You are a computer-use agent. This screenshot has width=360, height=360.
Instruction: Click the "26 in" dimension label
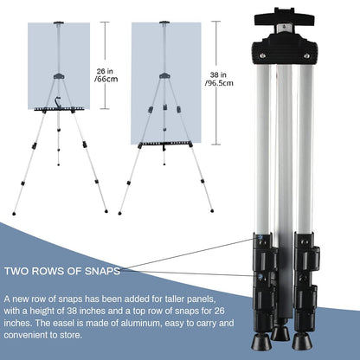(x=105, y=71)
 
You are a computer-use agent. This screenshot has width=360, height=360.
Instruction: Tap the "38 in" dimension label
(x=218, y=75)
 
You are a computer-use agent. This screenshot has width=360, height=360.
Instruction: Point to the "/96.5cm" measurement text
(x=219, y=83)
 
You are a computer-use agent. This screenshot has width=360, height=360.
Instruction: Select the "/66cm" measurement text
(x=106, y=79)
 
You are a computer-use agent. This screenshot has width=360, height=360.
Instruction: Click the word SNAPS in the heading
(x=102, y=271)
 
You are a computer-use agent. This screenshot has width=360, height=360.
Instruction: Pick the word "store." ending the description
(x=71, y=335)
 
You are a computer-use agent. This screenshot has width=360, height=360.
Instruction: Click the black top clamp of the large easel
(x=284, y=16)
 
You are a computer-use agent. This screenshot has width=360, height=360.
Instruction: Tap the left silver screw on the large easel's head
(x=262, y=55)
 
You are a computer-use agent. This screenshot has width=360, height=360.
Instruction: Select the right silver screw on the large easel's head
(x=306, y=55)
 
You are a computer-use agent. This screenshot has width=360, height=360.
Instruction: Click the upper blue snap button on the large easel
(x=261, y=238)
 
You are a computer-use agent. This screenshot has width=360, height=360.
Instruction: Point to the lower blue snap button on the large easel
(x=261, y=276)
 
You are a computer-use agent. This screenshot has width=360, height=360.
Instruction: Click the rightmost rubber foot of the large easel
(x=302, y=341)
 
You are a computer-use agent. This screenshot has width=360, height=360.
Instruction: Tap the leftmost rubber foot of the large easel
(x=261, y=341)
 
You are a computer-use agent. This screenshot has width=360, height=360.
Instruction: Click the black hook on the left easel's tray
(x=58, y=102)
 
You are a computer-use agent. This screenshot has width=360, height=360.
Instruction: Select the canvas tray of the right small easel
(x=164, y=144)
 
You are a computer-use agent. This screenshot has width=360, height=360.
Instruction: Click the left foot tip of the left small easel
(x=14, y=214)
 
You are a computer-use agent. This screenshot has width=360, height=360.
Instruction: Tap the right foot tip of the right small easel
(x=212, y=211)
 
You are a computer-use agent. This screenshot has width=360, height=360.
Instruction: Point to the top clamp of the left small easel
(x=59, y=22)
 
